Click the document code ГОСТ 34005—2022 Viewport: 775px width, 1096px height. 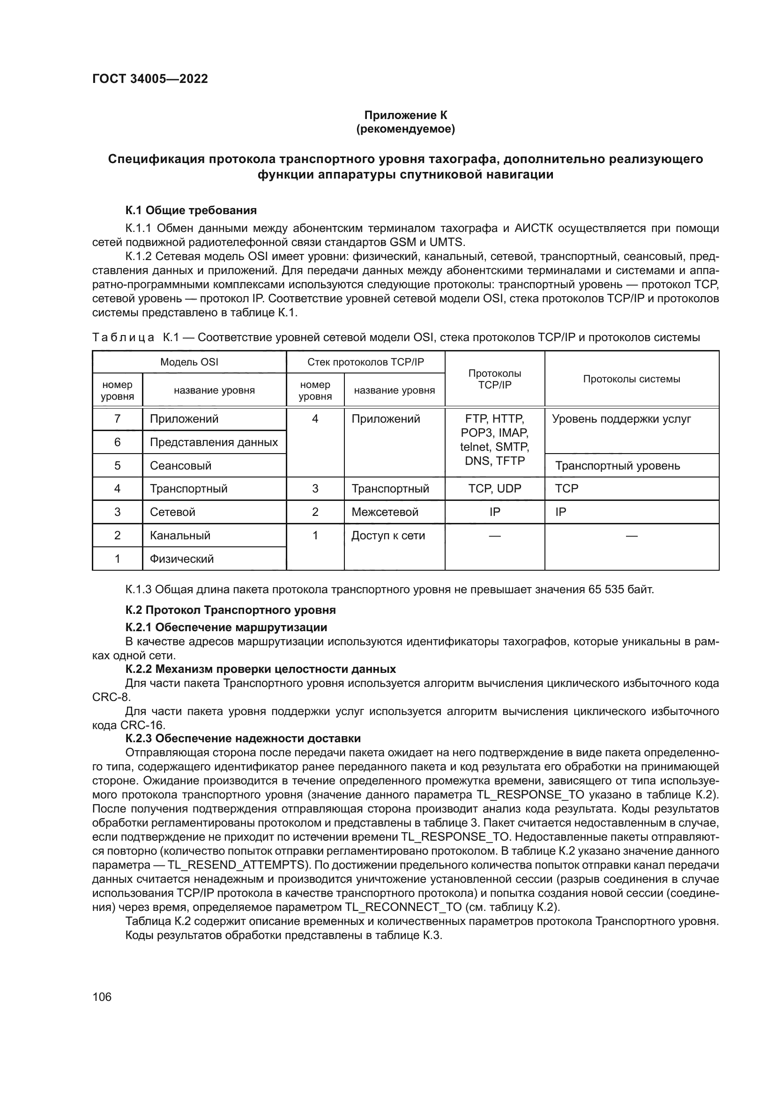(150, 79)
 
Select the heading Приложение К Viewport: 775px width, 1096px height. (406, 115)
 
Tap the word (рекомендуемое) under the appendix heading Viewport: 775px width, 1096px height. (406, 129)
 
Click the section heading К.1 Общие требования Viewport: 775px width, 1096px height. (191, 210)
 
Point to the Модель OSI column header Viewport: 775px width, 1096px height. (189, 362)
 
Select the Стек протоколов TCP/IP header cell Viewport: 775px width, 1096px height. (365, 362)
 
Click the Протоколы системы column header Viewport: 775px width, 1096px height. (631, 379)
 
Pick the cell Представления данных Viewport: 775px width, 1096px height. (214, 442)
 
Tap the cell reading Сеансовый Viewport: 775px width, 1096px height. (180, 465)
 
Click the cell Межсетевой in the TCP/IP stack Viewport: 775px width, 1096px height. (385, 512)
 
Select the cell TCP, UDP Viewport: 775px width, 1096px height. (494, 488)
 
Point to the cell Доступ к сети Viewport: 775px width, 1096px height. (388, 535)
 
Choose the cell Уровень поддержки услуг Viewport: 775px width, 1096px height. (621, 418)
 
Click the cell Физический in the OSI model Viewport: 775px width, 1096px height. (181, 559)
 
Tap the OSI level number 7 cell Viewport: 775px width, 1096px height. (118, 418)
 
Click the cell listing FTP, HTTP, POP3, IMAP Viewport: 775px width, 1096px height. (494, 440)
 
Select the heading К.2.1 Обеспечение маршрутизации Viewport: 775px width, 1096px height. (226, 627)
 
